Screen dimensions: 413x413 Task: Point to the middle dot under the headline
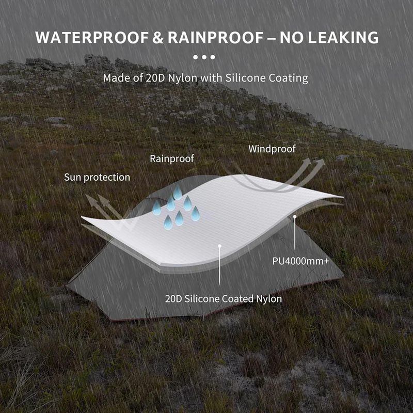coord(204,57)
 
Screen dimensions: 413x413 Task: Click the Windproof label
coord(272,149)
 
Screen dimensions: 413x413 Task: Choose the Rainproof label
coord(172,158)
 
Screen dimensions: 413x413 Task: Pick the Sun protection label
coord(97,177)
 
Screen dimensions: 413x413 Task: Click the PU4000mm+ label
coord(300,261)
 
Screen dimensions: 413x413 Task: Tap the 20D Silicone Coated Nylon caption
coord(224,298)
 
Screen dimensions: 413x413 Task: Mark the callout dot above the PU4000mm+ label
coord(295,217)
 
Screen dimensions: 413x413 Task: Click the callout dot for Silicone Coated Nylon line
coord(220,247)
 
